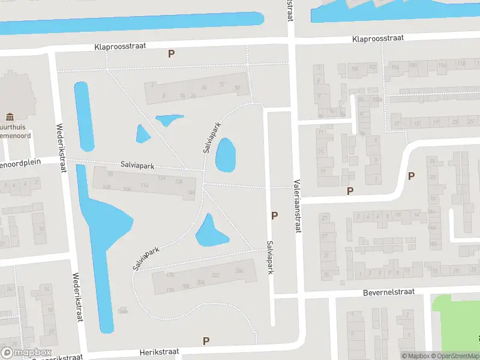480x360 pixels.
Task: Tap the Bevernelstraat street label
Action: click(x=389, y=293)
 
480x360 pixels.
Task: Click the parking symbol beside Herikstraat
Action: click(x=206, y=341)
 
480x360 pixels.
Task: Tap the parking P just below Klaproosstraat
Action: click(x=171, y=53)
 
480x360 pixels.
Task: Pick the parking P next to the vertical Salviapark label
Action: click(x=275, y=215)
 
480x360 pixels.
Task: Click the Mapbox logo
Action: click(x=26, y=352)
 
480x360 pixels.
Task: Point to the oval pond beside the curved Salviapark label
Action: click(x=225, y=154)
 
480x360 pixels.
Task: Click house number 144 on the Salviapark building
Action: click(x=191, y=192)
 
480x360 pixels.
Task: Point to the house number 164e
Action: click(x=123, y=311)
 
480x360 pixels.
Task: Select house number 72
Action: click(x=221, y=85)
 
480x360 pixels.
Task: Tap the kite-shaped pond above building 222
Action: click(x=211, y=231)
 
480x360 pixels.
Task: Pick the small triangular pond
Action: click(x=142, y=134)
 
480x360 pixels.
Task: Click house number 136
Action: click(x=178, y=181)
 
